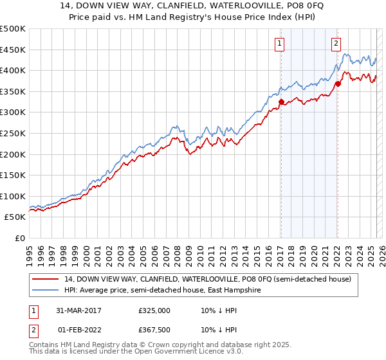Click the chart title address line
coord(192,6)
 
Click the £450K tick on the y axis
coord(13,50)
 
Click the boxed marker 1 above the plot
coord(280,44)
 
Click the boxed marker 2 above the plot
coord(336,44)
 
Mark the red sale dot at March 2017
coord(281,102)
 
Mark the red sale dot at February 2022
coord(337,84)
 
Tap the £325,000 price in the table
coord(154,310)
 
